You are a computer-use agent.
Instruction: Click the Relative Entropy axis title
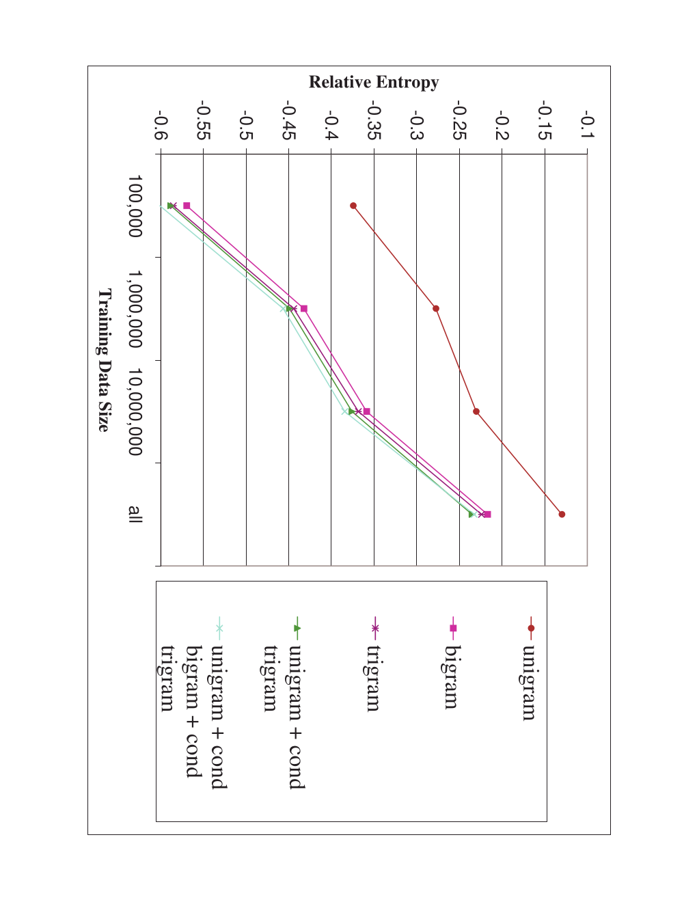click(x=374, y=82)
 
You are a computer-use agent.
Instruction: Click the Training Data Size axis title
click(x=105, y=360)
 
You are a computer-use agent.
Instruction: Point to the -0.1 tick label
click(x=588, y=124)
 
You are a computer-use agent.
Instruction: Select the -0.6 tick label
click(x=161, y=124)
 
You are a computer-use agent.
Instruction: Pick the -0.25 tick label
click(x=460, y=120)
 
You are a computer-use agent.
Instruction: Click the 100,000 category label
click(x=135, y=206)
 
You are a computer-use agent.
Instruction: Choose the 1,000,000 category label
click(x=135, y=309)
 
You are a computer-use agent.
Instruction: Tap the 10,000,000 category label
click(x=135, y=411)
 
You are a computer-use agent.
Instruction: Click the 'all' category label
click(x=135, y=515)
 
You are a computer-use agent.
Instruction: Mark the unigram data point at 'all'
click(x=562, y=515)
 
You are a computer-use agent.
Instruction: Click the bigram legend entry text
click(x=451, y=677)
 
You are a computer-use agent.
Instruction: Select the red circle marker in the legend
click(x=531, y=628)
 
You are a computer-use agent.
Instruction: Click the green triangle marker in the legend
click(x=297, y=628)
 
